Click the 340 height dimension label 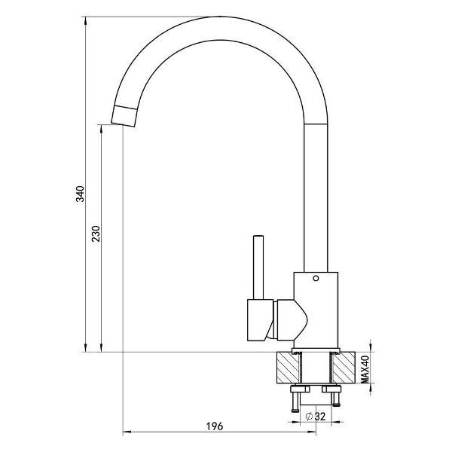click(80, 194)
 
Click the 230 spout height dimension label click(96, 234)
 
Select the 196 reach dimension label click(215, 426)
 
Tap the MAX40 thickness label click(365, 369)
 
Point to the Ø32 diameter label click(316, 417)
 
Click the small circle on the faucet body click(316, 279)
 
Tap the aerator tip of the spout click(124, 116)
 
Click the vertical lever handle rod click(258, 267)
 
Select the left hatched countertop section click(288, 368)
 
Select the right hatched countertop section click(344, 368)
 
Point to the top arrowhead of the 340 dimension click(85, 20)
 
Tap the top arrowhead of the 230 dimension click(101, 129)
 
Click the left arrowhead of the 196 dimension click(127, 432)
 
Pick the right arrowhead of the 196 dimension click(312, 432)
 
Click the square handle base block click(260, 320)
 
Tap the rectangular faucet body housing click(316, 310)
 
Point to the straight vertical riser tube click(316, 197)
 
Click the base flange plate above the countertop click(316, 350)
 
